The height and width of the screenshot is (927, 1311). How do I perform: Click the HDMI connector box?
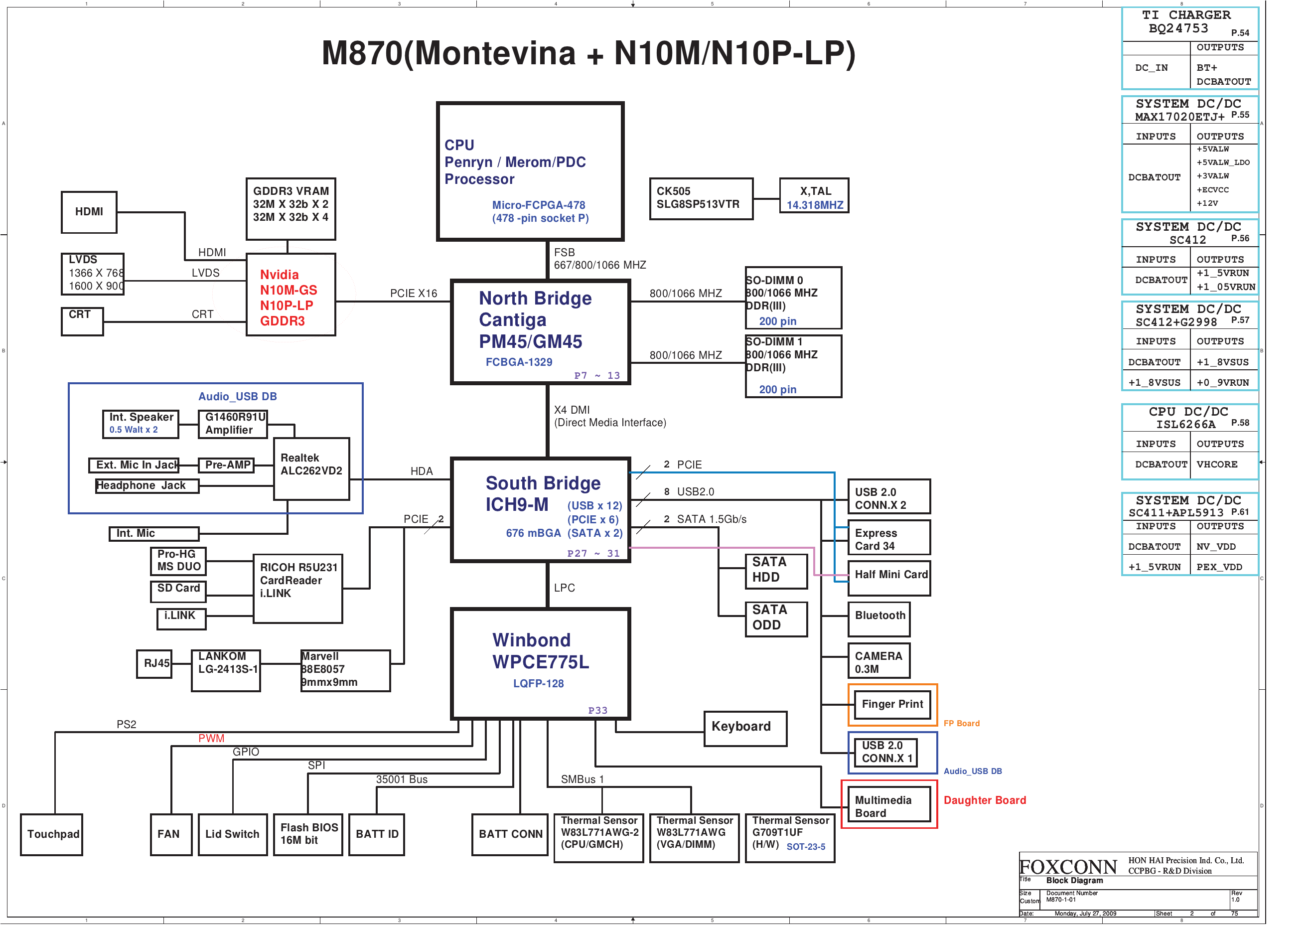click(x=89, y=212)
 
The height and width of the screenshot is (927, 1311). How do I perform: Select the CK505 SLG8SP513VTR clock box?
click(x=701, y=198)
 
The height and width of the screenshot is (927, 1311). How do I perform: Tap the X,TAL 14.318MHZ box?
click(x=814, y=195)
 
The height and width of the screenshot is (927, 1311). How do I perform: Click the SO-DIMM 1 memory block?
click(x=793, y=365)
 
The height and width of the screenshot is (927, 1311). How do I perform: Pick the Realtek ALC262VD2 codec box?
click(x=312, y=469)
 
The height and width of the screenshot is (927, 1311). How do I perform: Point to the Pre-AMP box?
click(x=227, y=465)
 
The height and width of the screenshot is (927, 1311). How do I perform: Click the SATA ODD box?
click(x=776, y=619)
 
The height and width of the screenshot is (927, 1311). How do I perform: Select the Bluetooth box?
click(x=879, y=619)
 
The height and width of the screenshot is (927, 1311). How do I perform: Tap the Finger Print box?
click(x=892, y=704)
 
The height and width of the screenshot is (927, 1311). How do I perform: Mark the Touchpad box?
click(x=52, y=834)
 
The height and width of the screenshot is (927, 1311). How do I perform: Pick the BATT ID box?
click(x=377, y=834)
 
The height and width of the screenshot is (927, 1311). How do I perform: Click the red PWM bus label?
click(x=211, y=739)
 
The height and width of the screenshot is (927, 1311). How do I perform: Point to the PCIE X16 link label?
click(x=414, y=294)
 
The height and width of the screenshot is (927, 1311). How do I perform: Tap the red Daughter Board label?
click(x=985, y=800)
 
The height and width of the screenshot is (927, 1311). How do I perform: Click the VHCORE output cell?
click(x=1217, y=464)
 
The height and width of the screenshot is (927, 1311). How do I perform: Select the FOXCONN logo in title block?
click(x=1068, y=867)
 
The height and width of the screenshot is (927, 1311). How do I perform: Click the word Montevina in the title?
click(x=495, y=53)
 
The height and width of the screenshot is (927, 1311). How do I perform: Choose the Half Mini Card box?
click(x=889, y=575)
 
